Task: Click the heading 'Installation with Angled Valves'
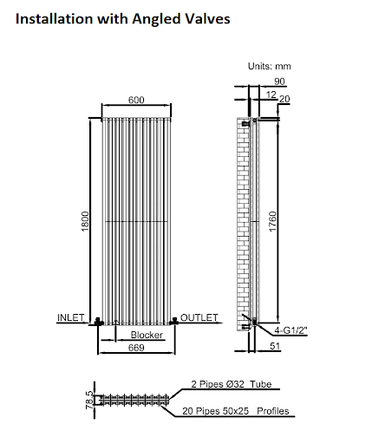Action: point(122,16)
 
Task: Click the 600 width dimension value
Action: point(136,100)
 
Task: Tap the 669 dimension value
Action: point(137,348)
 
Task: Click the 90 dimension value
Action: point(278,81)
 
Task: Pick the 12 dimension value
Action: point(272,92)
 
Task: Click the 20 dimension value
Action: point(284,100)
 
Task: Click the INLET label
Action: point(70,317)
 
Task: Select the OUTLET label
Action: point(199,317)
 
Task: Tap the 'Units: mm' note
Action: point(271,66)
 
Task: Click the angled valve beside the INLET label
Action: point(98,322)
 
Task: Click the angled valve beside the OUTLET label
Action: point(174,322)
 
